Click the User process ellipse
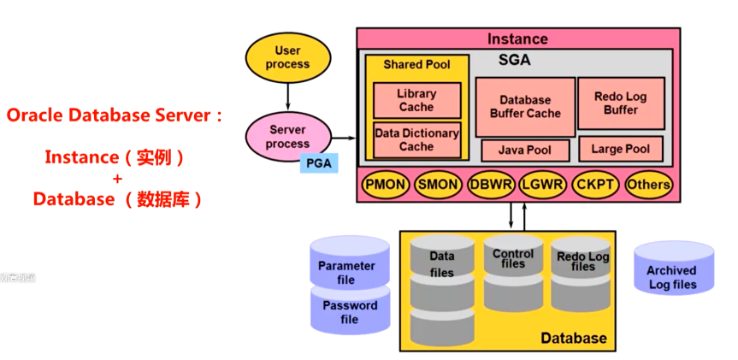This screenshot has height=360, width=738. [x=288, y=57]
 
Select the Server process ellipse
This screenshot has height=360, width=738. [x=287, y=137]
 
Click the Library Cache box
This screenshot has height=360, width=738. [x=416, y=100]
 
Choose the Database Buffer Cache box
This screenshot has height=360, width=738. [x=525, y=107]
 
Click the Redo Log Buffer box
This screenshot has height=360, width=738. [x=620, y=103]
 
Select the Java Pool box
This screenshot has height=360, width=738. [x=525, y=150]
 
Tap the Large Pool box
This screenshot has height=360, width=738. [x=620, y=149]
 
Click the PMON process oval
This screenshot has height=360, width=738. [x=386, y=184]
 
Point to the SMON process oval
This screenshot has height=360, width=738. [x=438, y=184]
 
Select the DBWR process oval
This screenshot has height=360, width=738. [x=491, y=184]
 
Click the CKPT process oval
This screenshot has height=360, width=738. [x=595, y=184]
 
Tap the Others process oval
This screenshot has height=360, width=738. [x=648, y=184]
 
